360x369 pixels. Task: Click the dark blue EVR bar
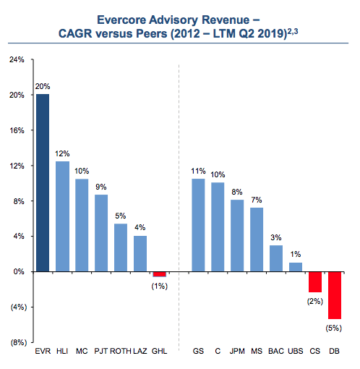tap(43, 183)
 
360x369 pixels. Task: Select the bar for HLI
tap(63, 216)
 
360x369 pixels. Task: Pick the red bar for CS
tap(314, 282)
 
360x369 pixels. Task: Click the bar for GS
tap(197, 225)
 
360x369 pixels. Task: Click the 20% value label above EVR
tap(43, 86)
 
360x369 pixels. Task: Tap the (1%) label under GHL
tap(160, 287)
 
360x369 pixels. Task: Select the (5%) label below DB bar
tap(334, 328)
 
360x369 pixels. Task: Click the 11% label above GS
tap(197, 171)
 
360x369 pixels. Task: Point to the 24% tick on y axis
tap(17, 60)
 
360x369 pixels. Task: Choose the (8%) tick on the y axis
tap(15, 342)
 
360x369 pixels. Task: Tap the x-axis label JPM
tap(237, 352)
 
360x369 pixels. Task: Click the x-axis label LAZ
tap(140, 352)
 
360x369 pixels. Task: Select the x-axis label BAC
tap(275, 352)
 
